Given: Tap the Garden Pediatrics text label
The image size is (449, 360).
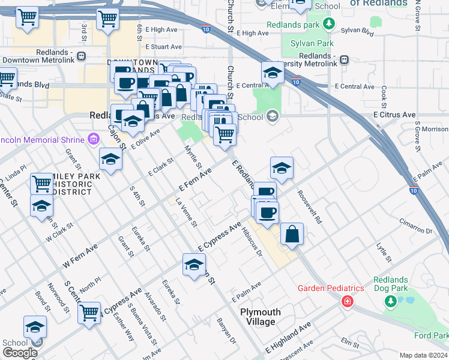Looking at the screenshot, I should pos(331,288).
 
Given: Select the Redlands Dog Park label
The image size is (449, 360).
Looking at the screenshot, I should pos(391,284).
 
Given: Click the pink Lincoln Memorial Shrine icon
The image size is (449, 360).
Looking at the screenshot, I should pos(92,140).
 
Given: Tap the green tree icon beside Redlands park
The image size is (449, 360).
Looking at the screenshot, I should pos(328,23).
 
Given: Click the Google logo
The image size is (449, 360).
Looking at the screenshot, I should pos(20,352).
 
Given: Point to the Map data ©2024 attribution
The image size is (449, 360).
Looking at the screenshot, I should pos(423,355).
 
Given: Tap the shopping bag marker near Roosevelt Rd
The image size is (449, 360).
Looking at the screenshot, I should pos(292,235).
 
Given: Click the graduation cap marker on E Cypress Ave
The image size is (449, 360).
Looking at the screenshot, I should pos(194,265).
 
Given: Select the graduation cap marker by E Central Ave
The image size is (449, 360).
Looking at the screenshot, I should pos(273,73).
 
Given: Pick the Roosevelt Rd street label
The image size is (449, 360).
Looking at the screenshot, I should pos(310,208).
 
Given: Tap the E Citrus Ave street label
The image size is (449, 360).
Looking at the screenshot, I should pos(394,114).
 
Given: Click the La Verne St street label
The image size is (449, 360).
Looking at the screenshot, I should pos(186,213).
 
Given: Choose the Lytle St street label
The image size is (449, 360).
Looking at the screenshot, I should pos(384,253).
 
